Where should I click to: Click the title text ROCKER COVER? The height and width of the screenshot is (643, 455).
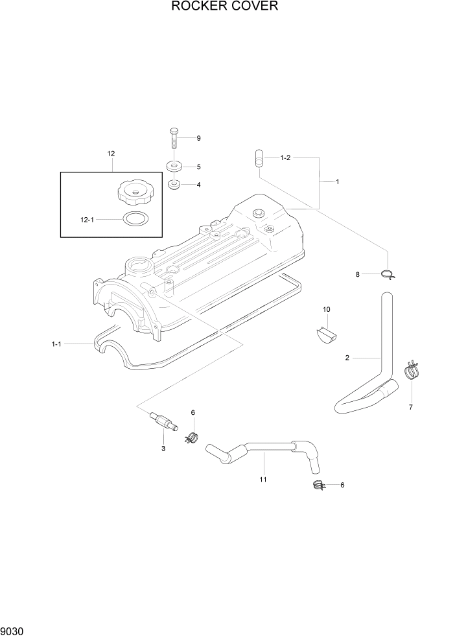tap(225, 7)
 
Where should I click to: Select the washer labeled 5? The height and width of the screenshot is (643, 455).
tap(174, 165)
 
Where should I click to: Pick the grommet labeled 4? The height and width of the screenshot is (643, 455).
tap(174, 185)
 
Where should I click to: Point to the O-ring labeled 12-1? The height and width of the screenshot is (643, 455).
tap(134, 218)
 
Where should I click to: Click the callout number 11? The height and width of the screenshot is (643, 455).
tap(263, 479)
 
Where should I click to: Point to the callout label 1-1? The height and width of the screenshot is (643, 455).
tap(56, 344)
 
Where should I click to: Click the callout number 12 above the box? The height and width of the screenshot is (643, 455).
tap(111, 154)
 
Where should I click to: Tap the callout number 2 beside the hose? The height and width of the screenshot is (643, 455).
tap(347, 357)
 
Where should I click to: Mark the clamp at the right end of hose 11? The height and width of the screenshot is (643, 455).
tap(318, 485)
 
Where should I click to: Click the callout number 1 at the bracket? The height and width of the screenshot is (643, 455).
tap(338, 182)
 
